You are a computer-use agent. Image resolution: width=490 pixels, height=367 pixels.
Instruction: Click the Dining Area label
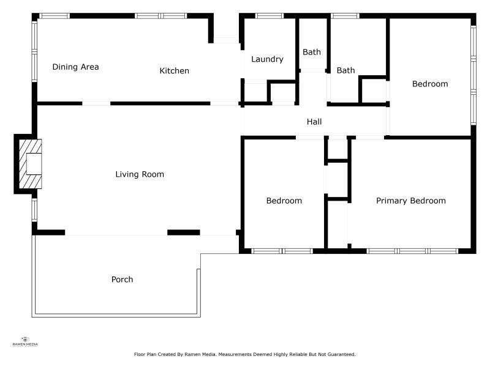click(x=75, y=67)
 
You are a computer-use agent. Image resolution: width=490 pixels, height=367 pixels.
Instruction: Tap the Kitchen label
click(x=175, y=71)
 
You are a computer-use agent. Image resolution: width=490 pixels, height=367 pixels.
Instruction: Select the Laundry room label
click(x=267, y=59)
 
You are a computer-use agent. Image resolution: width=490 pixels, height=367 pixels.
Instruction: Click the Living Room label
click(x=140, y=174)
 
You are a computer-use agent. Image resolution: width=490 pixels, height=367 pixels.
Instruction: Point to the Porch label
click(x=122, y=280)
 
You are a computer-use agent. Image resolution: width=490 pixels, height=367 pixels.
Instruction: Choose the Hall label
click(x=314, y=122)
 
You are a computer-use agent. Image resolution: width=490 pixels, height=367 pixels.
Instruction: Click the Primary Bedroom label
click(x=411, y=201)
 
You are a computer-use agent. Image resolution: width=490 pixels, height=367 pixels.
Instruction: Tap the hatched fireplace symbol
click(x=30, y=164)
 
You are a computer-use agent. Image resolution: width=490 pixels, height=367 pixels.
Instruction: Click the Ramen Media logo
click(x=25, y=341)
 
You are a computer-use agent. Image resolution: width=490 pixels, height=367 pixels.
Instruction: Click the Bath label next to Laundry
click(x=312, y=52)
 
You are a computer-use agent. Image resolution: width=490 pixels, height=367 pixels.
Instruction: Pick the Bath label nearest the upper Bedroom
click(x=345, y=70)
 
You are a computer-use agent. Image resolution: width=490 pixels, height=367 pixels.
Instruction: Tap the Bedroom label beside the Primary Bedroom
click(x=284, y=201)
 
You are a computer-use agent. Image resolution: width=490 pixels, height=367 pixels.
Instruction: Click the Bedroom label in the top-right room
click(x=430, y=84)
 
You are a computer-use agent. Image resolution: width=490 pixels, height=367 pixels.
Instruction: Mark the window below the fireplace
click(x=34, y=210)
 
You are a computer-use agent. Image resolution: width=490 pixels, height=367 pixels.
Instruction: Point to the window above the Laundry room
click(x=269, y=16)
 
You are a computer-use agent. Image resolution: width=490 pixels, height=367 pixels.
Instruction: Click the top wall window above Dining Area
click(x=55, y=16)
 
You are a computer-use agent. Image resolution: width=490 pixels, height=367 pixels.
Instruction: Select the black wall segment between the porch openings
click(x=184, y=232)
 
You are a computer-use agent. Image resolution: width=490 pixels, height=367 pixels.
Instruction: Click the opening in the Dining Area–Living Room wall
click(x=96, y=103)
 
